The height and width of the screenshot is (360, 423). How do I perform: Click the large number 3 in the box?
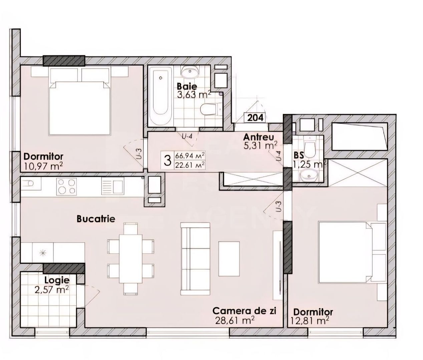point(167,160)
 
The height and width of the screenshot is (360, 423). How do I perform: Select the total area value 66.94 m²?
point(190,156)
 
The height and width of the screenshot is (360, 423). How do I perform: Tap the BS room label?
point(299,155)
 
